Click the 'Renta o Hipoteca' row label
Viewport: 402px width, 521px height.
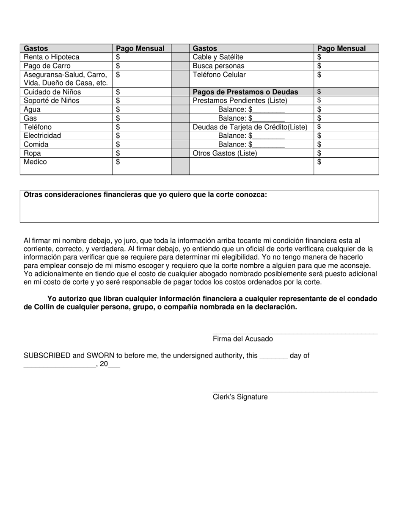(x=52, y=57)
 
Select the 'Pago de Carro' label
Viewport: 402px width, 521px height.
(x=47, y=66)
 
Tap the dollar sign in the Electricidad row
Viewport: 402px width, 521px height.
(x=118, y=136)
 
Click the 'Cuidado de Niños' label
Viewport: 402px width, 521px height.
(x=52, y=92)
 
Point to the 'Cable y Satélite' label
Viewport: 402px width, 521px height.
(x=218, y=57)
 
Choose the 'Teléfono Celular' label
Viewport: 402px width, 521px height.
(x=219, y=75)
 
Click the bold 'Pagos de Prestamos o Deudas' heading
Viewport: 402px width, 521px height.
(x=245, y=92)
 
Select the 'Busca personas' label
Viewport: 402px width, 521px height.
(x=218, y=66)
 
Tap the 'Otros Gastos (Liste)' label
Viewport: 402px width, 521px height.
(x=225, y=153)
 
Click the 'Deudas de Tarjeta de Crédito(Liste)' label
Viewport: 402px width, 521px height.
(x=250, y=127)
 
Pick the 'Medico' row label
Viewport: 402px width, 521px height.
(x=36, y=162)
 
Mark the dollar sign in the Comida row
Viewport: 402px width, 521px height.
(x=118, y=144)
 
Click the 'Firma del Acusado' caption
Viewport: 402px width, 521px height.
(x=243, y=339)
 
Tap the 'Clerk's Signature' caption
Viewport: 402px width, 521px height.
(x=240, y=397)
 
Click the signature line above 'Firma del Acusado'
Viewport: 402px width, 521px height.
(x=295, y=334)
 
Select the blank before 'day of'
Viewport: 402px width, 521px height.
(x=273, y=358)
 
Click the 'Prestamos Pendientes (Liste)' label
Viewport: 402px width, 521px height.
(x=240, y=101)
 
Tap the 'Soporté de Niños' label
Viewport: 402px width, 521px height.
(x=52, y=101)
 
